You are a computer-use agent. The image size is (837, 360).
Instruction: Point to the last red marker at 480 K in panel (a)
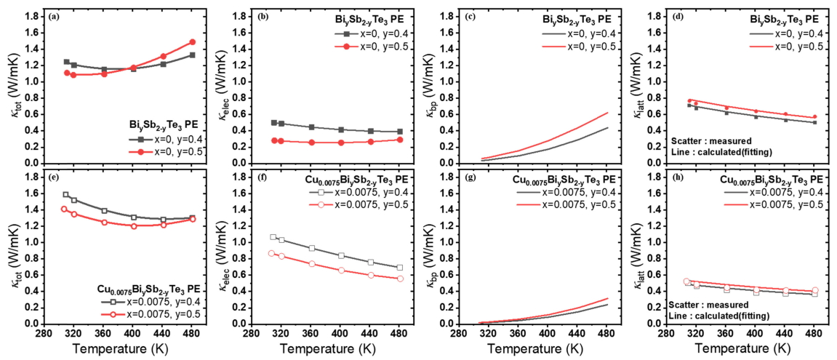click(x=193, y=42)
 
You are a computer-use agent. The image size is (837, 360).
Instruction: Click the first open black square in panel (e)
click(x=66, y=195)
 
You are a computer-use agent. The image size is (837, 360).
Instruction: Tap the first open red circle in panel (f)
click(x=272, y=253)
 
